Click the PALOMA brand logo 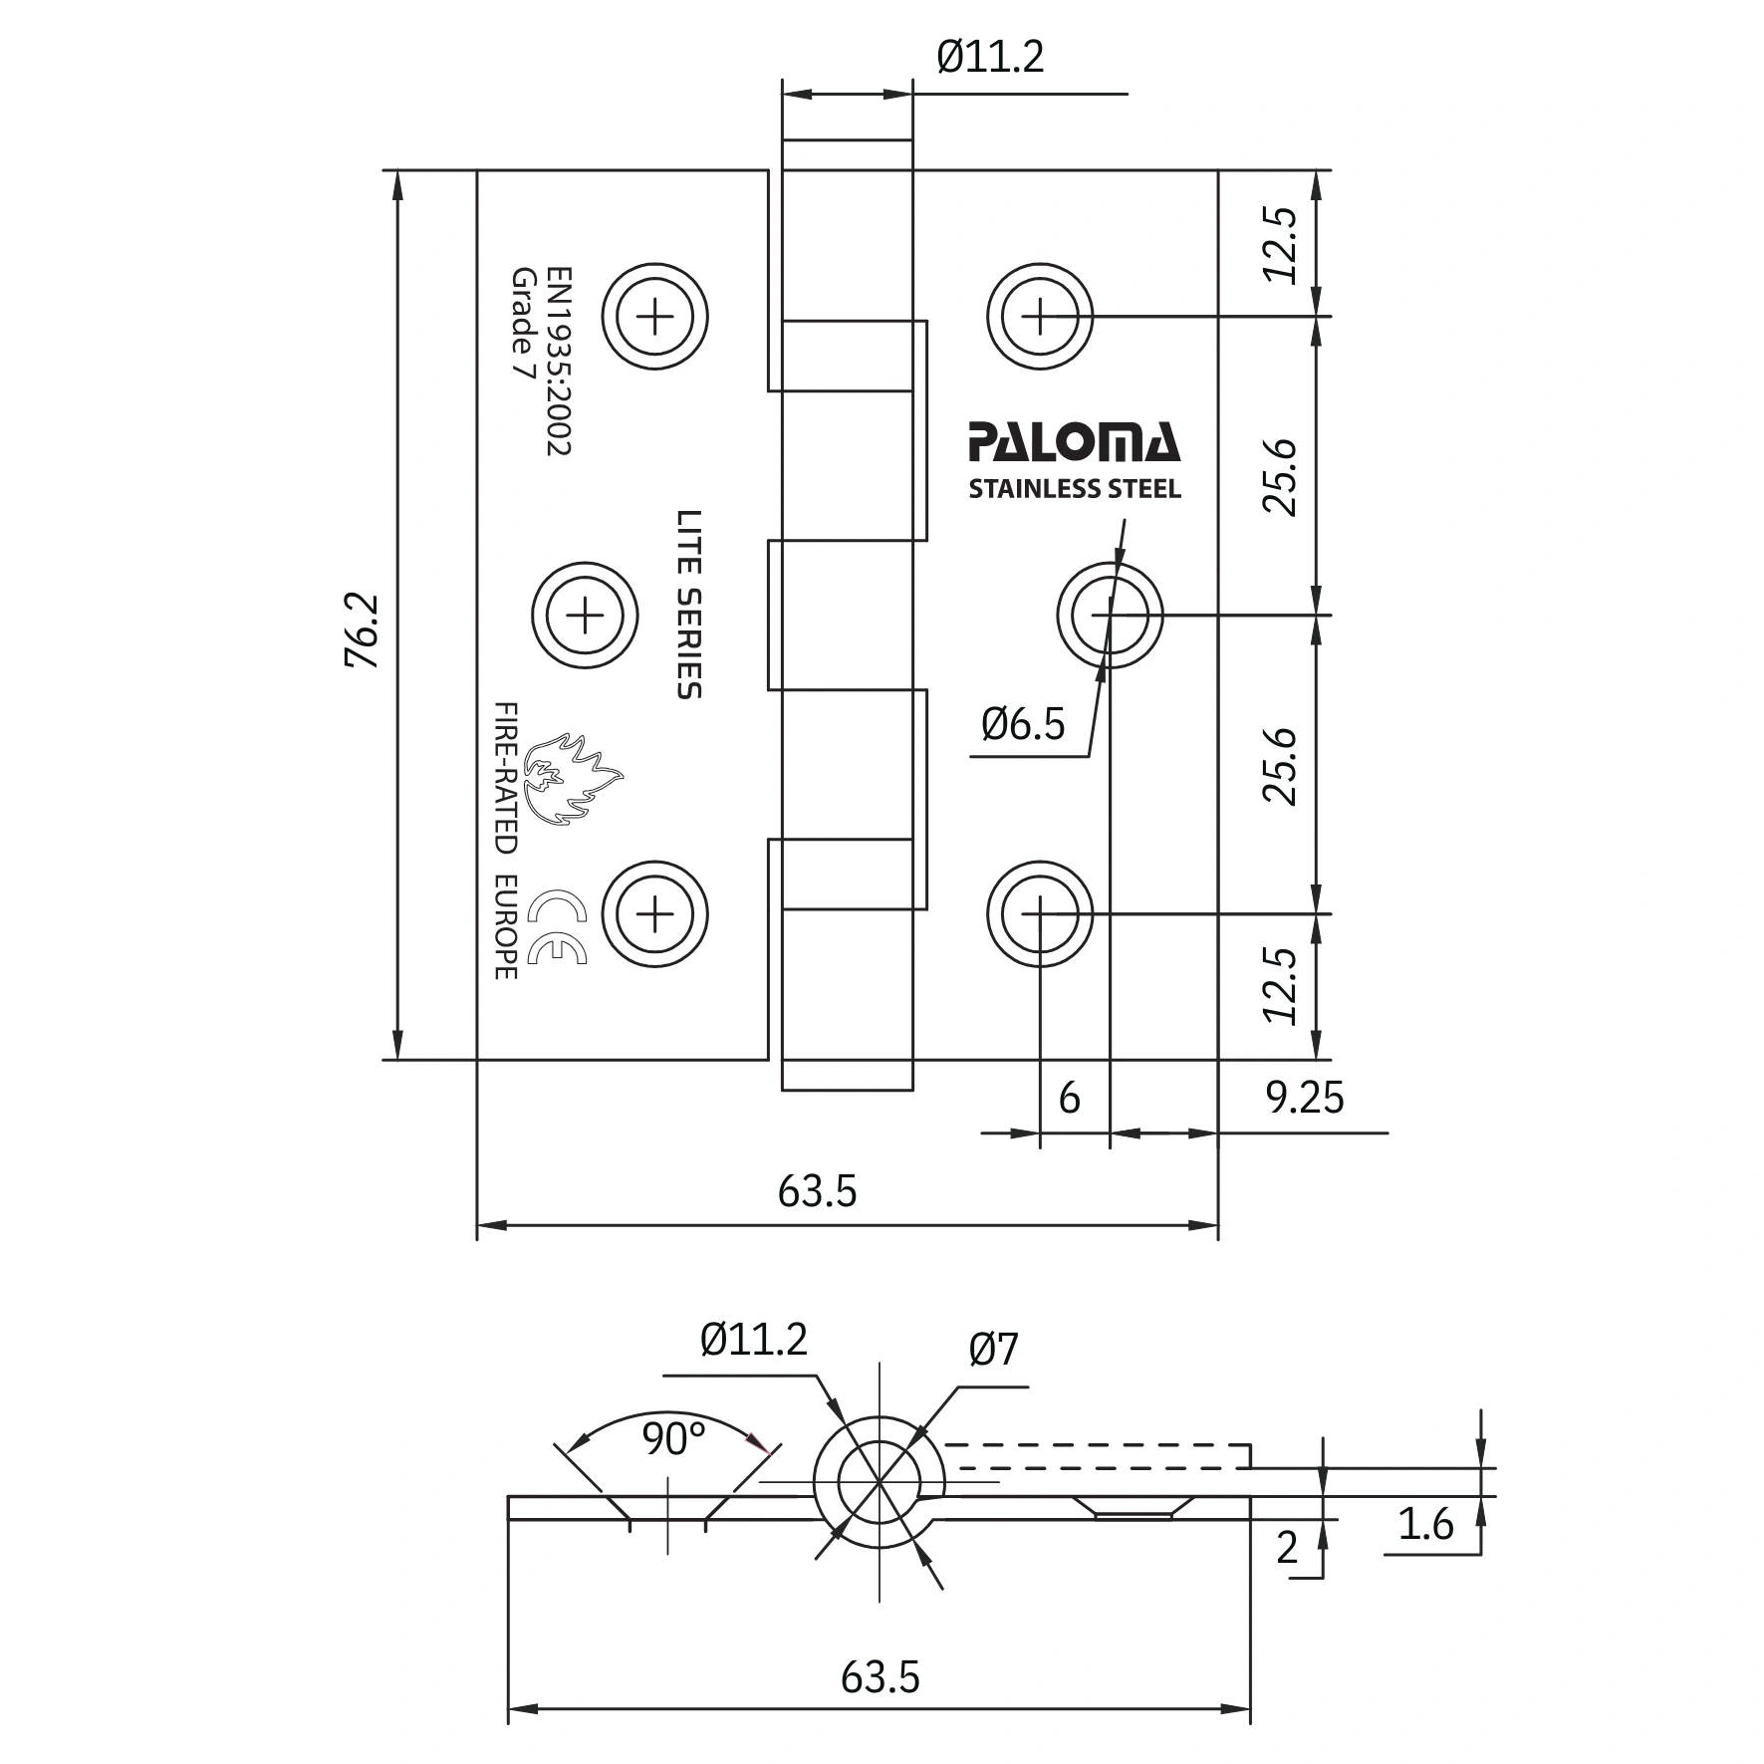pyautogui.click(x=1074, y=443)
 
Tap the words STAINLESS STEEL pyautogui.click(x=1075, y=489)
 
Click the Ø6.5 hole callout pyautogui.click(x=1023, y=724)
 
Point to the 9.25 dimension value pyautogui.click(x=1304, y=1099)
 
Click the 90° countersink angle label pyautogui.click(x=673, y=1439)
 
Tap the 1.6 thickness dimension pyautogui.click(x=1425, y=1525)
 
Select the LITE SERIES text pyautogui.click(x=689, y=605)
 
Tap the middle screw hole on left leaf pyautogui.click(x=585, y=618)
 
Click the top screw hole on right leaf pyautogui.click(x=1040, y=318)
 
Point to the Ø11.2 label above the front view pyautogui.click(x=990, y=58)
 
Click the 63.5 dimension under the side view pyautogui.click(x=881, y=1677)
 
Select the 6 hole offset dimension pyautogui.click(x=1069, y=1098)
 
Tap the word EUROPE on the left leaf pyautogui.click(x=506, y=927)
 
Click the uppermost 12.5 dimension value pyautogui.click(x=1282, y=244)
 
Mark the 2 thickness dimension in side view pyautogui.click(x=1287, y=1548)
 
